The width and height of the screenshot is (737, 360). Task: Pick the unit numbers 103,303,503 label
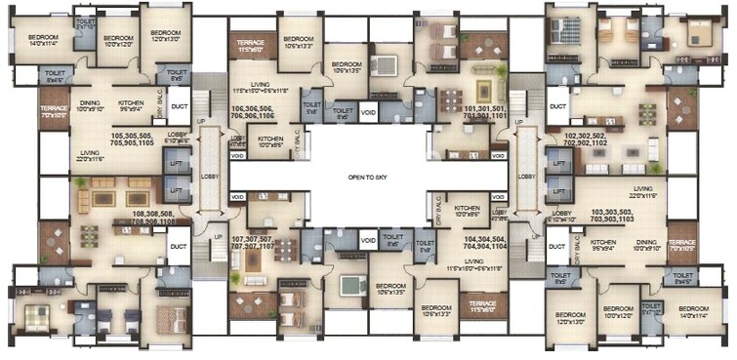click(615, 213)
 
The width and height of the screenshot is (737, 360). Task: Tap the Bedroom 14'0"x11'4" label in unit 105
click(30, 39)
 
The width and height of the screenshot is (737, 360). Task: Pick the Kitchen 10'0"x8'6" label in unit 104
click(467, 211)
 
